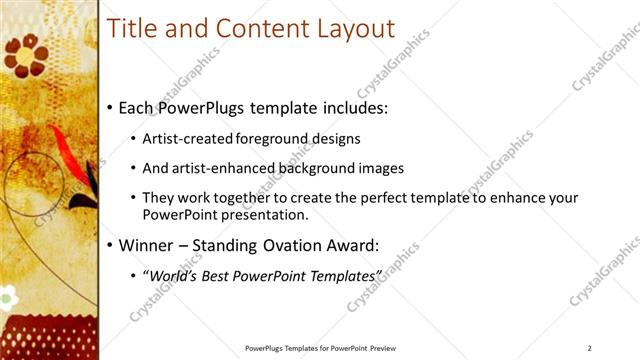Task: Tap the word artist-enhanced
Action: click(x=224, y=167)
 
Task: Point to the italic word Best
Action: click(x=221, y=274)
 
